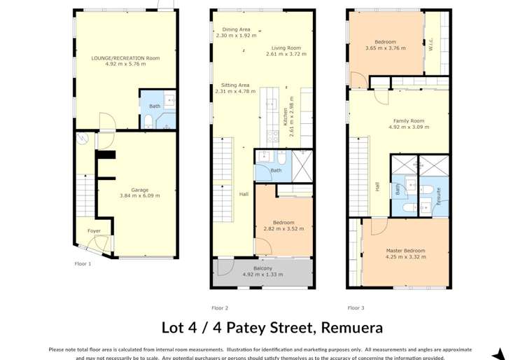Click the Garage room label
pyautogui.click(x=139, y=190)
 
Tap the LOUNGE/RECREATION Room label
pyautogui.click(x=126, y=58)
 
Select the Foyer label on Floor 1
pyautogui.click(x=94, y=230)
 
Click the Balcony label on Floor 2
pyautogui.click(x=262, y=268)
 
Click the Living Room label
pyautogui.click(x=283, y=48)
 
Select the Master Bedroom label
pyautogui.click(x=405, y=250)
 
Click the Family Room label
pyautogui.click(x=408, y=120)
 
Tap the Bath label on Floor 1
pyautogui.click(x=155, y=106)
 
